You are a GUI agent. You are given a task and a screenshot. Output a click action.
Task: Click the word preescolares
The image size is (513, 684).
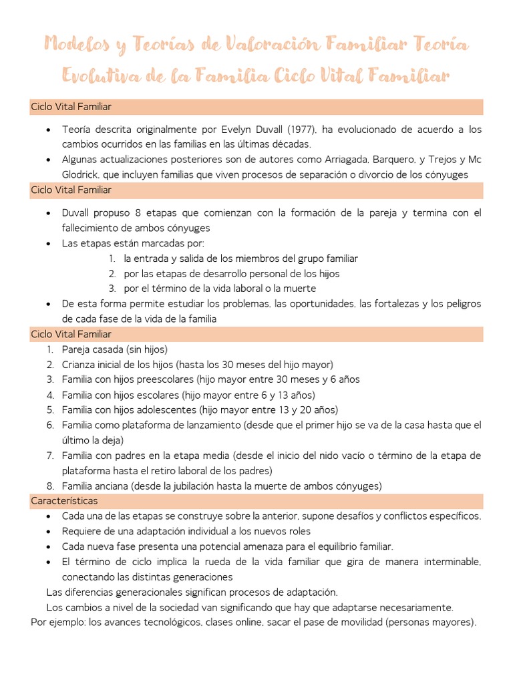170,379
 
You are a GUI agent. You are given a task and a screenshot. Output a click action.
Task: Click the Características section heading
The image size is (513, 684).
64,500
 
